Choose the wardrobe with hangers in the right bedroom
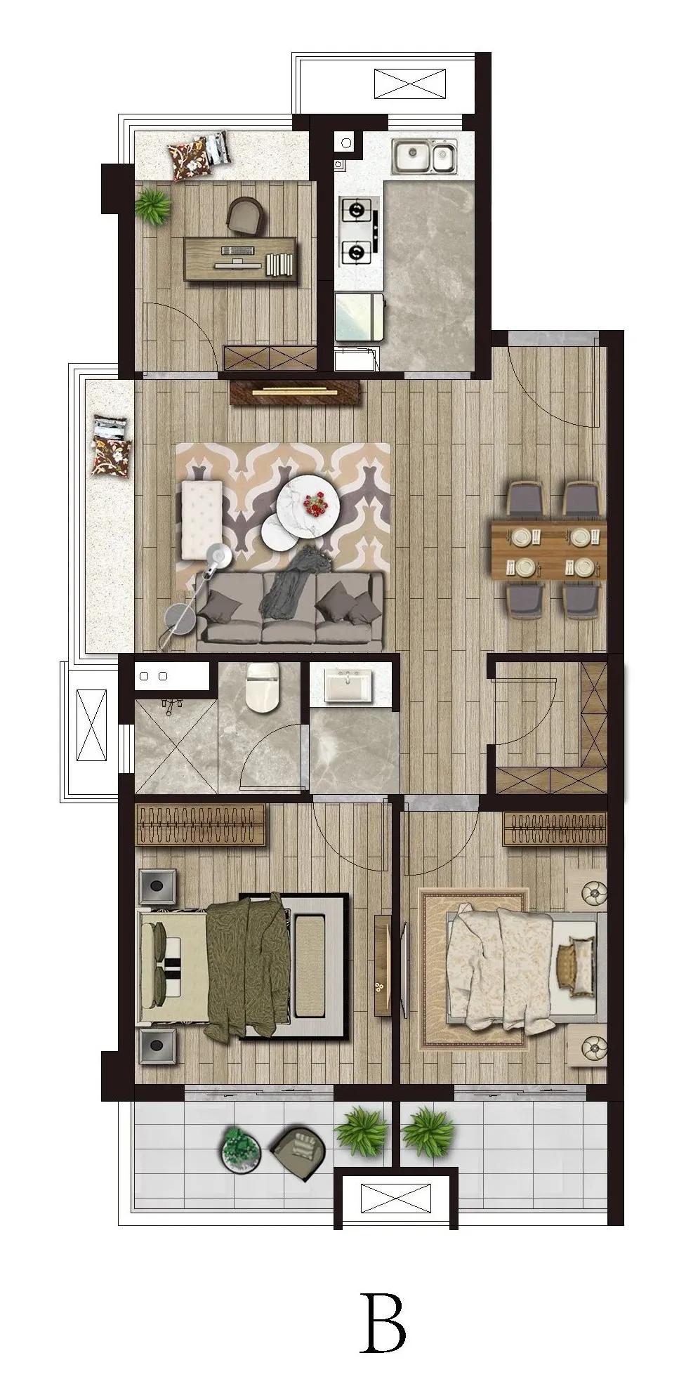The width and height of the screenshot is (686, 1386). [555, 829]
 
